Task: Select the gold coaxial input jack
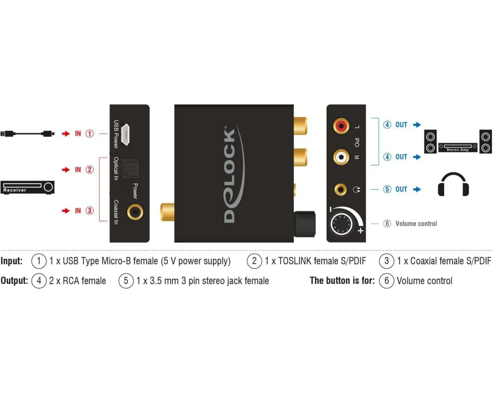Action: click(x=134, y=213)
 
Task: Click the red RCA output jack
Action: click(x=341, y=126)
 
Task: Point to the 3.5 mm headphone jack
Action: click(x=340, y=189)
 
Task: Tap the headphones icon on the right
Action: click(x=453, y=185)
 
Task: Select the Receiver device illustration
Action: click(x=28, y=187)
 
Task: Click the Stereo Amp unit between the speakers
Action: click(x=458, y=147)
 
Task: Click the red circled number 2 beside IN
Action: click(x=89, y=170)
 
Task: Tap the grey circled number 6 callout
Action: click(x=387, y=224)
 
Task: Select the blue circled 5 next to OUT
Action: click(x=387, y=189)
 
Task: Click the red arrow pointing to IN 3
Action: click(x=66, y=211)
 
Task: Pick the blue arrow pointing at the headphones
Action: click(x=417, y=189)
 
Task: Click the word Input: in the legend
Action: click(x=11, y=261)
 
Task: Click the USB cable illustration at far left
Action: click(x=27, y=133)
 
